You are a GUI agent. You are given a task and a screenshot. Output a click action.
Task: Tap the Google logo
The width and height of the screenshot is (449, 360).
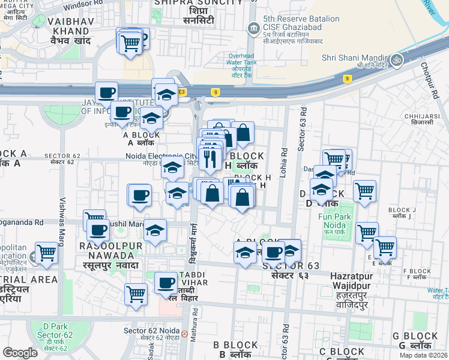point(20,353)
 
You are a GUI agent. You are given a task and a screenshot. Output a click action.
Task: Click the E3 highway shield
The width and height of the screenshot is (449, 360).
point(182,91)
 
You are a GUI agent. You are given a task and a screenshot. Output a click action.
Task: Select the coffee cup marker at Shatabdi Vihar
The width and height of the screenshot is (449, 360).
point(166,282)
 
